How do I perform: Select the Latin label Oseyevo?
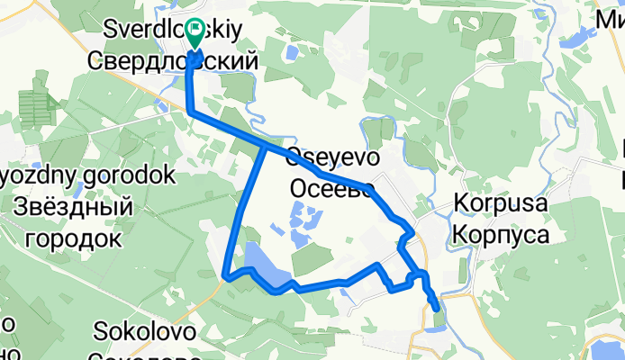(x=332, y=157)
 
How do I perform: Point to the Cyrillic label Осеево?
(x=332, y=190)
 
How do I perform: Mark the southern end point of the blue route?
(x=438, y=309)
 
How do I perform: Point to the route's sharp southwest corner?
(x=225, y=276)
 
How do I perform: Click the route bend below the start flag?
(x=192, y=110)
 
